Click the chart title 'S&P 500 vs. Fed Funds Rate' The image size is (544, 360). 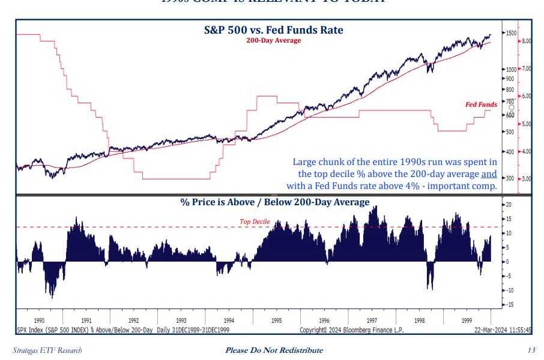click(x=273, y=29)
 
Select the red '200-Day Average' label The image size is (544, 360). click(x=273, y=40)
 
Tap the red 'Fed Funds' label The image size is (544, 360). click(x=481, y=104)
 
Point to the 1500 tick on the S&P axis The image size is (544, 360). click(x=510, y=33)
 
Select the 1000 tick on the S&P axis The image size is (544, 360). click(x=510, y=70)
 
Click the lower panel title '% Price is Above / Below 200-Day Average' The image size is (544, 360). click(x=274, y=202)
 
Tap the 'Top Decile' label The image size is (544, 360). click(x=255, y=221)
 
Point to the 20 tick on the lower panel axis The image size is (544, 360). click(x=508, y=205)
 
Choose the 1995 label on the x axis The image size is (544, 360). click(x=276, y=321)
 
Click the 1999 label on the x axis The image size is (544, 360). click(x=466, y=321)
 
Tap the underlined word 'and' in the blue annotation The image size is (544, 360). click(x=489, y=174)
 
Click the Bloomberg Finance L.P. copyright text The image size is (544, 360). click(x=351, y=329)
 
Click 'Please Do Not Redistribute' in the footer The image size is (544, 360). click(x=274, y=350)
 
